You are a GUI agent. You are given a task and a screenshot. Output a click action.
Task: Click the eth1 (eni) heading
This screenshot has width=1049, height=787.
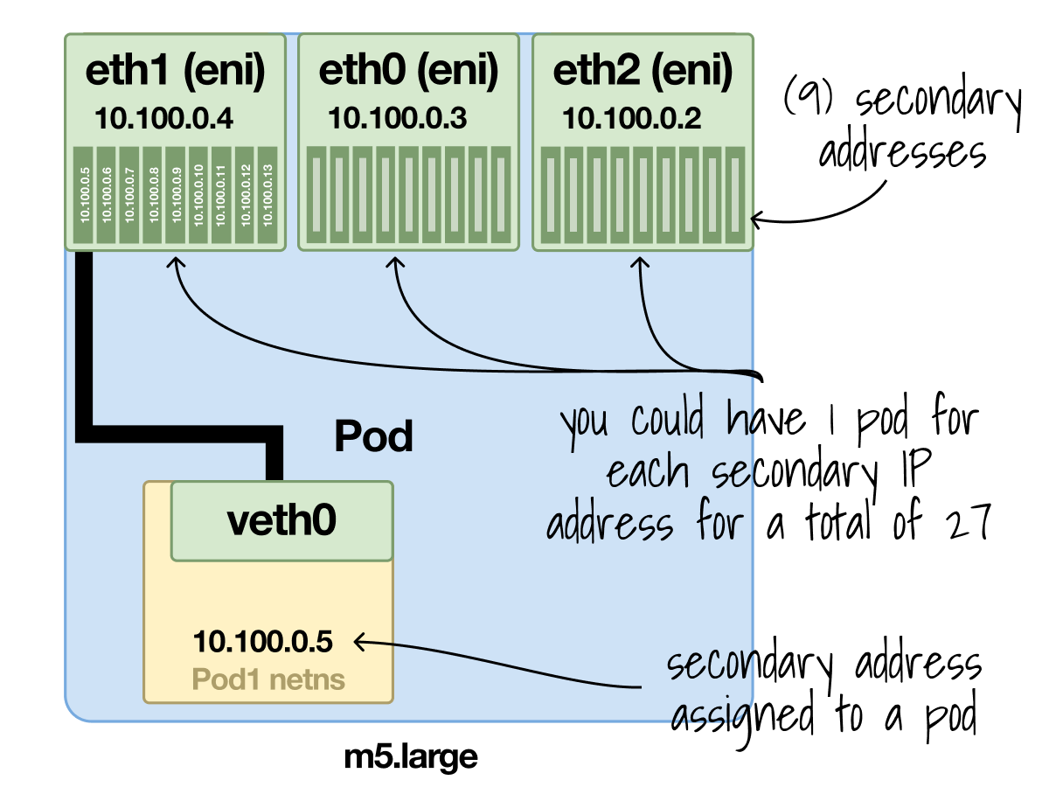(175, 72)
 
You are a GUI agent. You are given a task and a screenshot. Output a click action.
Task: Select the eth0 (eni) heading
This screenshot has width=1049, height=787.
(408, 72)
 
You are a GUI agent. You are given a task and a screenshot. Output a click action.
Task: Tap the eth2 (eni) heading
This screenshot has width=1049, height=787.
(643, 72)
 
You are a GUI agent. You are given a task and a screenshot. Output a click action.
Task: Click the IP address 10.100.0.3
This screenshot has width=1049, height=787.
(398, 119)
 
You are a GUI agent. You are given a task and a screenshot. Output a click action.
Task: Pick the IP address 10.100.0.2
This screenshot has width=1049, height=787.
(631, 119)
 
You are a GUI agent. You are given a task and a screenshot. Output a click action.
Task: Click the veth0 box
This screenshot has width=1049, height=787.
(281, 521)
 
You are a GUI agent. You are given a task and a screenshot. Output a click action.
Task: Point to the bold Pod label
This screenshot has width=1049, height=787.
(373, 435)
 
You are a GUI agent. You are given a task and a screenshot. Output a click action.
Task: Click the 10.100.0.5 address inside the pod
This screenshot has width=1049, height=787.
(263, 642)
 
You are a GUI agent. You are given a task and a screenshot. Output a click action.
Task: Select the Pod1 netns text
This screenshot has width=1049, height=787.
(268, 679)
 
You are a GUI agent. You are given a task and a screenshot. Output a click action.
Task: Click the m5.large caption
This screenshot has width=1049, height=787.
(411, 756)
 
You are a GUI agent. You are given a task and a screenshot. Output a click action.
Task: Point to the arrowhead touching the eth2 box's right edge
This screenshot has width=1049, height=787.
(757, 219)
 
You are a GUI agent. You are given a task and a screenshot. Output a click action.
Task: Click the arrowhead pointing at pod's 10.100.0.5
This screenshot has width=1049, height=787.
(360, 643)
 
